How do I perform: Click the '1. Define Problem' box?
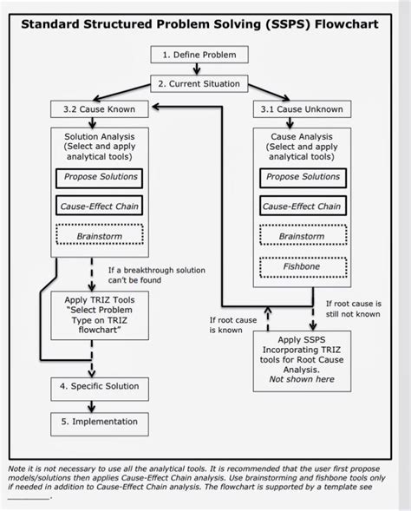coord(198,55)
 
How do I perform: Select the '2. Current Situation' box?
coord(199,83)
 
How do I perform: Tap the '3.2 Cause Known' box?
coord(99,110)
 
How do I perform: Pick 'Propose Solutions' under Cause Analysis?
coord(303,177)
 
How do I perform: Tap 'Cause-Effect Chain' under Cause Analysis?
coord(303,206)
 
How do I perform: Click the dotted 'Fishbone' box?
coord(303,266)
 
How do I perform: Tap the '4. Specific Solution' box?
coord(99,385)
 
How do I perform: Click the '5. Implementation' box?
coord(99,422)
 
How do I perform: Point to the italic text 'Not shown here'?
coord(301,379)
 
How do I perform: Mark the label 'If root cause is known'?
coord(233,325)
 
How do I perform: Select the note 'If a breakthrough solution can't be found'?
coord(156,276)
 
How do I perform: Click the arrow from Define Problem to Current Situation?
coord(198,69)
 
